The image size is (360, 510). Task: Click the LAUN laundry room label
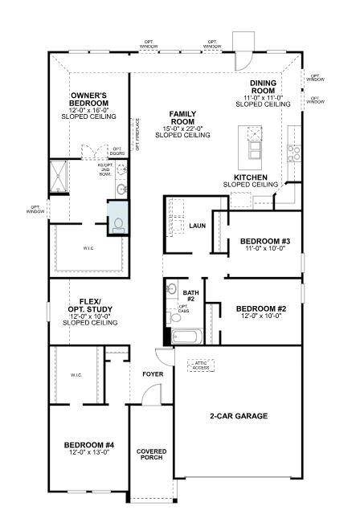tap(198, 226)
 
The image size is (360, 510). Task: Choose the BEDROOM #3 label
tap(258, 241)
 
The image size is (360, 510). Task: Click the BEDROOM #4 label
tap(89, 444)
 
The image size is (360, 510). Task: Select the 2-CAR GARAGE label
tap(238, 415)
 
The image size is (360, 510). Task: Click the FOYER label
tap(153, 374)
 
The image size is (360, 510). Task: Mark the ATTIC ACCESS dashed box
tap(202, 366)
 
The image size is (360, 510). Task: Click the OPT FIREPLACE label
tap(137, 141)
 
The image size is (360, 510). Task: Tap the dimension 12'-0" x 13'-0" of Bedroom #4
tap(89, 453)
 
